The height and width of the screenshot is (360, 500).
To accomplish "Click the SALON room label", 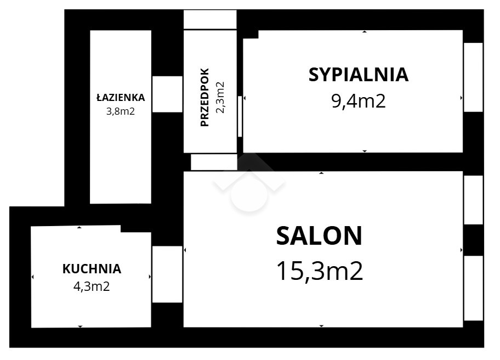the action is pyautogui.click(x=319, y=235).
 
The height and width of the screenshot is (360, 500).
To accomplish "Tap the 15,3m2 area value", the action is pyautogui.click(x=320, y=271).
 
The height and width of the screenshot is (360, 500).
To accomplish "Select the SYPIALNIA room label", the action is pyautogui.click(x=359, y=75).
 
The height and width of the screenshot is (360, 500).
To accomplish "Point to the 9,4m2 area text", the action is pyautogui.click(x=359, y=101).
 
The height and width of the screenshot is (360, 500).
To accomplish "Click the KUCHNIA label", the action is pyautogui.click(x=92, y=269).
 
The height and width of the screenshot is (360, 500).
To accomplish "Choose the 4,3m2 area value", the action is pyautogui.click(x=92, y=286).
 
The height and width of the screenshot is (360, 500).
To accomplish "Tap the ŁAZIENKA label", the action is pyautogui.click(x=121, y=97).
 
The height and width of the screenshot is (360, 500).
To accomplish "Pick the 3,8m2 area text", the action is pyautogui.click(x=121, y=111).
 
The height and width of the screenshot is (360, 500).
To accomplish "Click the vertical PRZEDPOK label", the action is pyautogui.click(x=204, y=97).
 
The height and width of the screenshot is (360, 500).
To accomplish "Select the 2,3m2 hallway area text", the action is pyautogui.click(x=220, y=97).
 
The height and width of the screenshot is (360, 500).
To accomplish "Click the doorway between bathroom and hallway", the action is pyautogui.click(x=167, y=94).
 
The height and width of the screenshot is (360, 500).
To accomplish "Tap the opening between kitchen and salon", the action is pyautogui.click(x=167, y=274).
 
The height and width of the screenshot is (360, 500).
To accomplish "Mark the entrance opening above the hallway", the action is pyautogui.click(x=210, y=19).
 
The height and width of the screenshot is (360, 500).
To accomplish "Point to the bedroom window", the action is pyautogui.click(x=473, y=77).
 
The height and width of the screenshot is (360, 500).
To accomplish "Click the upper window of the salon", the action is pyautogui.click(x=473, y=200).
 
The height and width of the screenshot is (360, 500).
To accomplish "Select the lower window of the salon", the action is pyautogui.click(x=473, y=288).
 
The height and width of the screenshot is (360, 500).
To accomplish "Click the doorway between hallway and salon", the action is pyautogui.click(x=214, y=162).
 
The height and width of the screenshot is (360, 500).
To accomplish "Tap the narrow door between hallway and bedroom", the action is pyautogui.click(x=240, y=116).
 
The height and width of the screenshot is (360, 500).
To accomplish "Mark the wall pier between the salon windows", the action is pyautogui.click(x=473, y=240).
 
